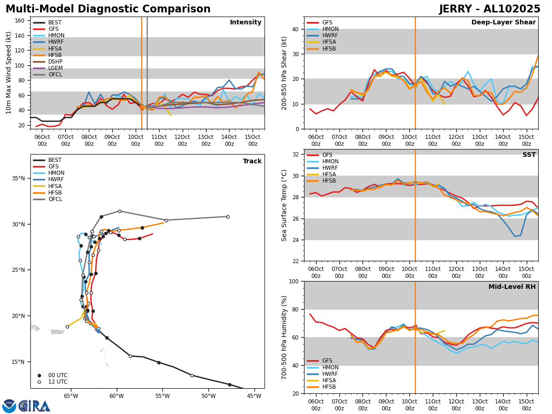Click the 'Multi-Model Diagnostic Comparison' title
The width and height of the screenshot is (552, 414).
pyautogui.click(x=108, y=9)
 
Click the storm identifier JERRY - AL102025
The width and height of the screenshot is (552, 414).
pyautogui.click(x=489, y=9)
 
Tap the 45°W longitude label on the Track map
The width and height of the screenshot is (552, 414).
pyautogui.click(x=254, y=396)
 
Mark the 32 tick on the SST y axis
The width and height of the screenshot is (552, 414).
pyautogui.click(x=296, y=155)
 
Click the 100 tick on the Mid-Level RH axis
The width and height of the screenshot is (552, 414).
pyautogui.click(x=294, y=281)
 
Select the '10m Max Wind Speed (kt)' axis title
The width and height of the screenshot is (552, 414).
pyautogui.click(x=9, y=73)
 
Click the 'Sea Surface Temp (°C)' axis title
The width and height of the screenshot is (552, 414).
pyautogui.click(x=284, y=205)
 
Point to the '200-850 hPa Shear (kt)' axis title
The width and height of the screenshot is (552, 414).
pyautogui.click(x=284, y=73)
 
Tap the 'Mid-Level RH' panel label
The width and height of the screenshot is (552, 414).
pyautogui.click(x=512, y=287)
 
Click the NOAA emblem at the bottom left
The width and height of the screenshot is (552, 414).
pyautogui.click(x=9, y=406)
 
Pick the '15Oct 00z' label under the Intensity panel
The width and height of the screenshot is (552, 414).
pyautogui.click(x=253, y=141)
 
